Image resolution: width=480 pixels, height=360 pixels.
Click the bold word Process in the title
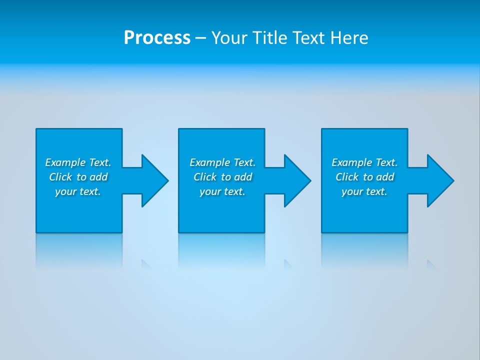(157, 38)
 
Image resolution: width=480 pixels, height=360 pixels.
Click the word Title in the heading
(268, 38)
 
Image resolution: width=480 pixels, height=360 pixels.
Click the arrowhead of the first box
(154, 180)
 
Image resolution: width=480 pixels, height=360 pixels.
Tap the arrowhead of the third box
(440, 180)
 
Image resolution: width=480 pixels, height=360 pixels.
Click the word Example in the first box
(65, 162)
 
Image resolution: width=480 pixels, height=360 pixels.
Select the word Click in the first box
(60, 177)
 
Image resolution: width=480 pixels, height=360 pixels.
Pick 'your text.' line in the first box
(78, 191)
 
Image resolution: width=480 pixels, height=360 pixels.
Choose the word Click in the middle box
(205, 177)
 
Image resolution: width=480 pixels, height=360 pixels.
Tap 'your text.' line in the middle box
(222, 191)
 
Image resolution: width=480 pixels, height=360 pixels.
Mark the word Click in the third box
(347, 177)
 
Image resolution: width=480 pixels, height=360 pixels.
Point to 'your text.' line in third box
(364, 191)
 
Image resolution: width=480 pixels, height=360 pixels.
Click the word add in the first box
(98, 177)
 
